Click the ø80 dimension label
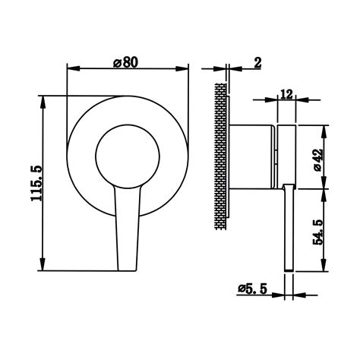point(126,62)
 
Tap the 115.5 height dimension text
point(36,184)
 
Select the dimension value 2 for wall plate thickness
point(257,62)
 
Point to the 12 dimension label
point(286,94)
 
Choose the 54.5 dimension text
point(318,232)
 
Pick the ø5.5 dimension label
point(253,289)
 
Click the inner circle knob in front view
point(128,156)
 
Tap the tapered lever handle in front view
point(128,228)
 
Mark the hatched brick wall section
point(220,156)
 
